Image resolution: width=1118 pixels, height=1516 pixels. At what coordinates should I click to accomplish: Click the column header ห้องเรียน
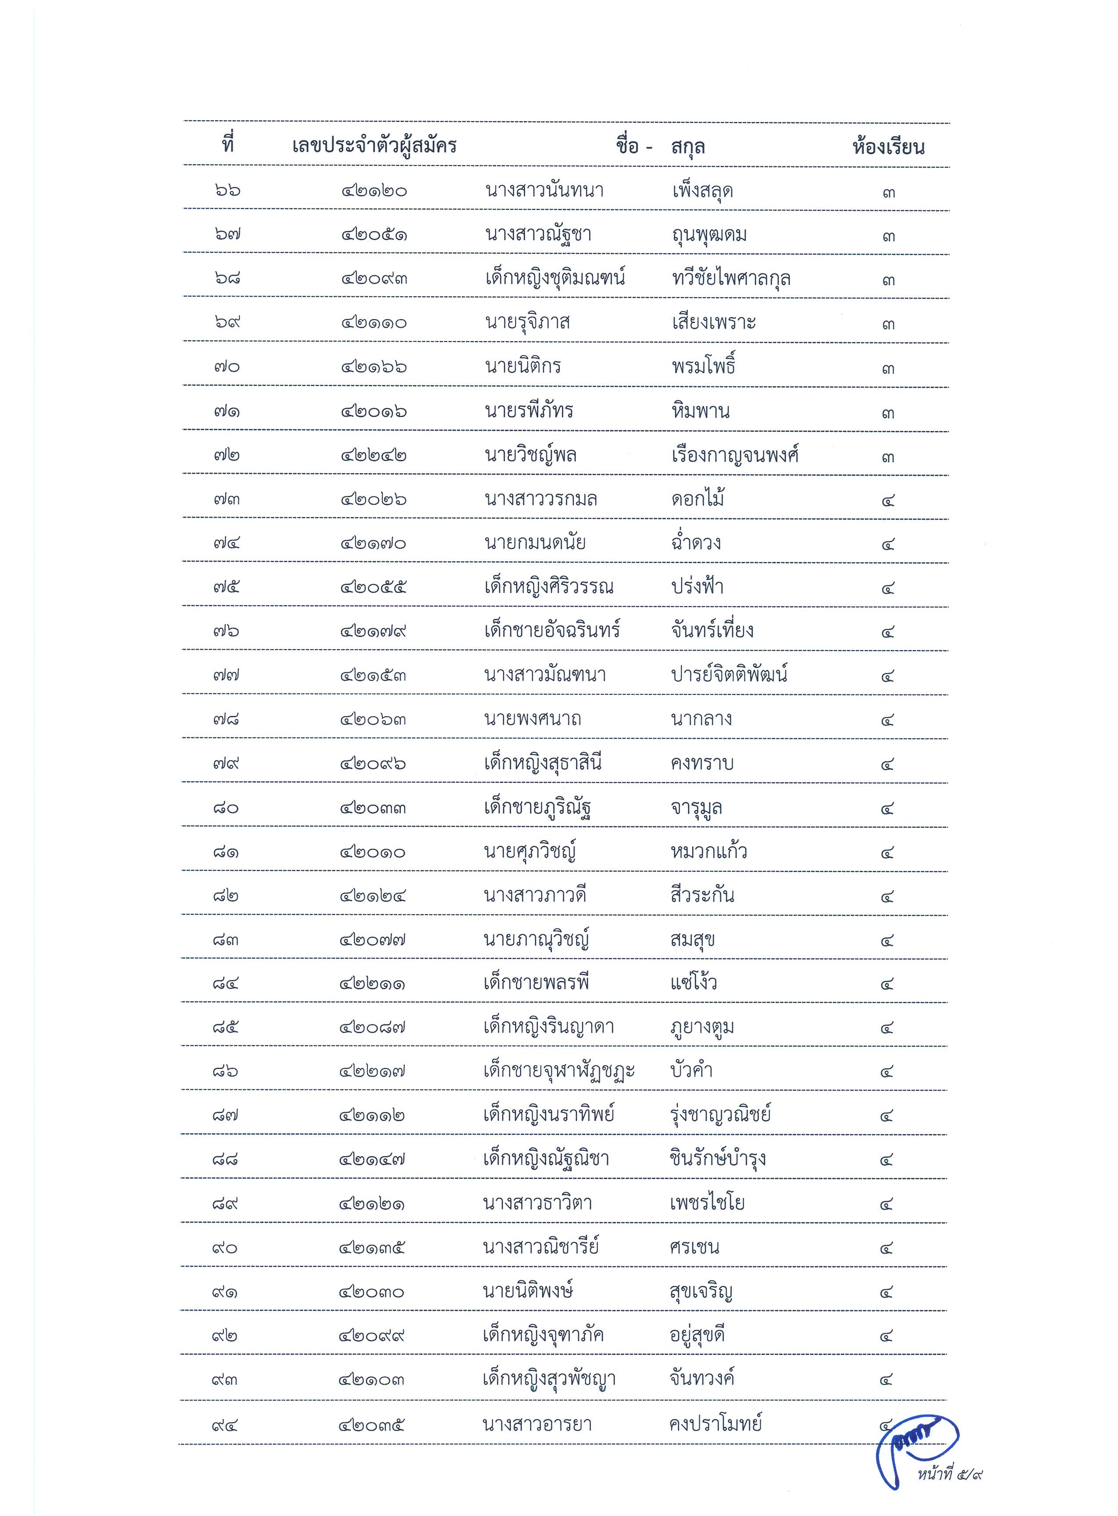[x=888, y=147]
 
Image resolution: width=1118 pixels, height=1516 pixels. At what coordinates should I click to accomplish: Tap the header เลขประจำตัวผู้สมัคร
[x=374, y=146]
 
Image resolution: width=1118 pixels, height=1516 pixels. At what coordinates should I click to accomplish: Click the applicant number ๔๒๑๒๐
[x=374, y=191]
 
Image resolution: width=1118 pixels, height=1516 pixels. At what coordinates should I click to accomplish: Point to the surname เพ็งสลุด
[x=702, y=191]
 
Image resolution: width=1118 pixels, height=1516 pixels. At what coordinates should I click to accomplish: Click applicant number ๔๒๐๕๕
[x=374, y=587]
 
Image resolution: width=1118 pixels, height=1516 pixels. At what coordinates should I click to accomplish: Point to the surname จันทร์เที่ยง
[x=712, y=631]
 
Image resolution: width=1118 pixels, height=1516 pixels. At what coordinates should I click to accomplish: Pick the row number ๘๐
[x=225, y=808]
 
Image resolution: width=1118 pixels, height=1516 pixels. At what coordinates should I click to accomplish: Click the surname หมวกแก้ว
[x=708, y=851]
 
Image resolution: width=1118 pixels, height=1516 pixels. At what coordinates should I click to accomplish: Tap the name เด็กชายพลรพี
[x=536, y=983]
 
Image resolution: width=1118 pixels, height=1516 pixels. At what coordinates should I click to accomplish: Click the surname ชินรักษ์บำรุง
[x=717, y=1159]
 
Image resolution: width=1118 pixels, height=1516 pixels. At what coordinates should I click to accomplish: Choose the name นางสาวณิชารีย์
[x=541, y=1247]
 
